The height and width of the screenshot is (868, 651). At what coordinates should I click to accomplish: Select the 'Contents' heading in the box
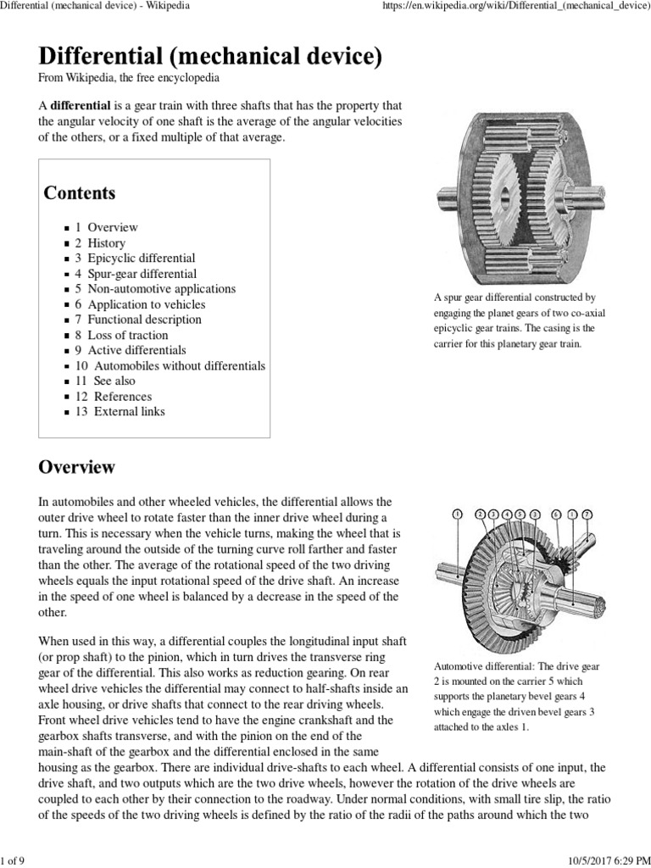tap(80, 192)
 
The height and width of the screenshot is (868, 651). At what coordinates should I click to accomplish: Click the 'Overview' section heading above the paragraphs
tap(77, 467)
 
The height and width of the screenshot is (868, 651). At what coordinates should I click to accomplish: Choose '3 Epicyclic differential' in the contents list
tap(135, 259)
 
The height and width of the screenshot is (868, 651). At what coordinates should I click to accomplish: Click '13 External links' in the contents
tap(120, 412)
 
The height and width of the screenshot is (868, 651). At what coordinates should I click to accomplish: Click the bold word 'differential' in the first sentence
tap(81, 106)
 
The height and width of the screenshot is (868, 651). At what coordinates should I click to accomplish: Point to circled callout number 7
tap(587, 515)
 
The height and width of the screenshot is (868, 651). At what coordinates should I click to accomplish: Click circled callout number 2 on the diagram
tap(481, 515)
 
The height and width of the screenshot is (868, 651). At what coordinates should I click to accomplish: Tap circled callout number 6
tap(556, 515)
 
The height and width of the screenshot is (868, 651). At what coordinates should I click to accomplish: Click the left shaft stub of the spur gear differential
tap(446, 203)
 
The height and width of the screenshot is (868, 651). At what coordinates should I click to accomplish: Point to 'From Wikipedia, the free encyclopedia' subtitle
tap(130, 78)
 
